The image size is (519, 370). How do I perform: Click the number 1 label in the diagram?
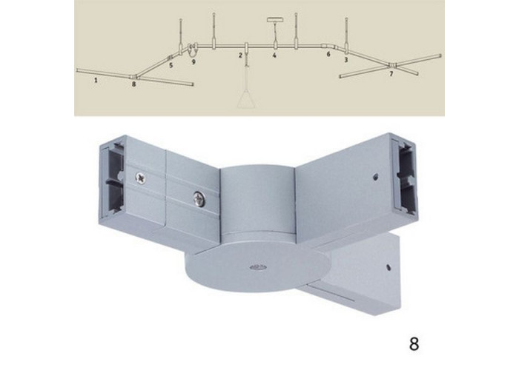click(x=96, y=80)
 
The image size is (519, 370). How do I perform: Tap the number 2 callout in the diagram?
click(x=241, y=55)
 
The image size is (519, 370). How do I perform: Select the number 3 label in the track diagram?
click(x=346, y=60)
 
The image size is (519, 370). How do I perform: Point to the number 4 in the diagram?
click(x=274, y=55)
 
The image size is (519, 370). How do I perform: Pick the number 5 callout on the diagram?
click(x=171, y=65)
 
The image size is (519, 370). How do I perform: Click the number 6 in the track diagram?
click(x=328, y=54)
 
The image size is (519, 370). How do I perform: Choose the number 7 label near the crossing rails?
click(x=391, y=74)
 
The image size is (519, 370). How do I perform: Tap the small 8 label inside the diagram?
click(x=133, y=84)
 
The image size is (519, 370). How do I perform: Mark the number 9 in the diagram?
click(x=194, y=61)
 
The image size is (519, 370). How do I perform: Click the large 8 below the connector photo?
click(x=414, y=344)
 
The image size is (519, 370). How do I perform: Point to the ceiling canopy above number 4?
click(x=274, y=19)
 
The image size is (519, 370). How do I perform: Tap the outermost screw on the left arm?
click(x=141, y=178)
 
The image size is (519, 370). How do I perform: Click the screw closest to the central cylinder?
click(x=199, y=200)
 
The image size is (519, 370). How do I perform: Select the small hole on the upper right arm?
click(x=374, y=177)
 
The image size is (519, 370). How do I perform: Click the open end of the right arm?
click(x=404, y=179)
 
